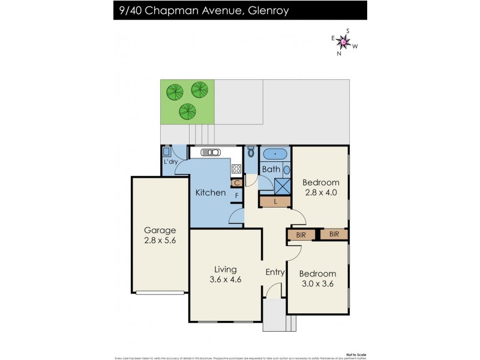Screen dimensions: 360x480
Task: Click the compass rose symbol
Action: pyautogui.click(x=344, y=41)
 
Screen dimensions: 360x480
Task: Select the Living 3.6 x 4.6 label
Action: pyautogui.click(x=226, y=274)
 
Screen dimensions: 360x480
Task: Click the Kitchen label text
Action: pyautogui.click(x=211, y=193)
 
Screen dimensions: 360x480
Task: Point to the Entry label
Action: pyautogui.click(x=275, y=272)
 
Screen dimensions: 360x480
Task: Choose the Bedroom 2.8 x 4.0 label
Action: pyautogui.click(x=320, y=188)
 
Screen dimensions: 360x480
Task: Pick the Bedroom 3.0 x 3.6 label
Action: pyautogui.click(x=317, y=279)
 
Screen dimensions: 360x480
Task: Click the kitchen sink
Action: pyautogui.click(x=211, y=152)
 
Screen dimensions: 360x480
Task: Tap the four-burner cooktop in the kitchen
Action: pyautogui.click(x=236, y=169)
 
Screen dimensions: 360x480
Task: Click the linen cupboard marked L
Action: pyautogui.click(x=275, y=202)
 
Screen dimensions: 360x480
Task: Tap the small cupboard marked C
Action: pyautogui.click(x=237, y=183)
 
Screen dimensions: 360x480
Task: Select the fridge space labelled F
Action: pyautogui.click(x=237, y=196)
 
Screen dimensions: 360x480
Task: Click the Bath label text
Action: pyautogui.click(x=271, y=170)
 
